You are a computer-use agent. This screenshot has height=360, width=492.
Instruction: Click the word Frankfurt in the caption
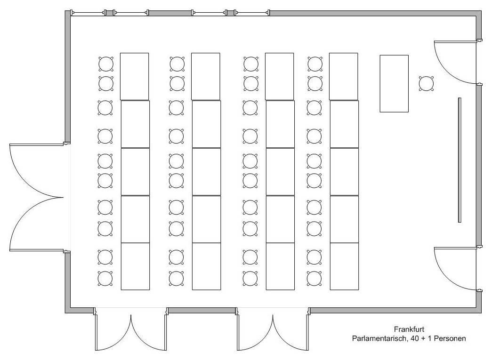click(x=409, y=329)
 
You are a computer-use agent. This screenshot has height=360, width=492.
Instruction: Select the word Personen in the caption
click(x=450, y=339)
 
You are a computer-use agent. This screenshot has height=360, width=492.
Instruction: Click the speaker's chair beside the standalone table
click(x=427, y=84)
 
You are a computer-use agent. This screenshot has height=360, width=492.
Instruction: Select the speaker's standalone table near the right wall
click(x=394, y=83)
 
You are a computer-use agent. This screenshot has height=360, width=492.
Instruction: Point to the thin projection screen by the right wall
click(x=460, y=160)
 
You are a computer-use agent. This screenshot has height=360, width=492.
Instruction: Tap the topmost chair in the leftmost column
click(x=106, y=64)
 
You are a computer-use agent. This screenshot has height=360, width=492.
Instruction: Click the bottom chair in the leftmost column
click(x=105, y=279)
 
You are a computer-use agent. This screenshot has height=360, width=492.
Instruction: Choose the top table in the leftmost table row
click(x=134, y=77)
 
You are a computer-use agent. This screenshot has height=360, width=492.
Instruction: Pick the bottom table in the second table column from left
click(x=207, y=266)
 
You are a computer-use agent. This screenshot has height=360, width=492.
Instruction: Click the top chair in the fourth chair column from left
click(x=315, y=64)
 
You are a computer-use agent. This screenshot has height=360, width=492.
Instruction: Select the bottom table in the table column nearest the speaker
click(x=344, y=266)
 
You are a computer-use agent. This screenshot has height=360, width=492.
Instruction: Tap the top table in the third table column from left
click(x=280, y=77)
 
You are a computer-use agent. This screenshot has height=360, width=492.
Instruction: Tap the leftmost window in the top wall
click(x=88, y=13)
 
